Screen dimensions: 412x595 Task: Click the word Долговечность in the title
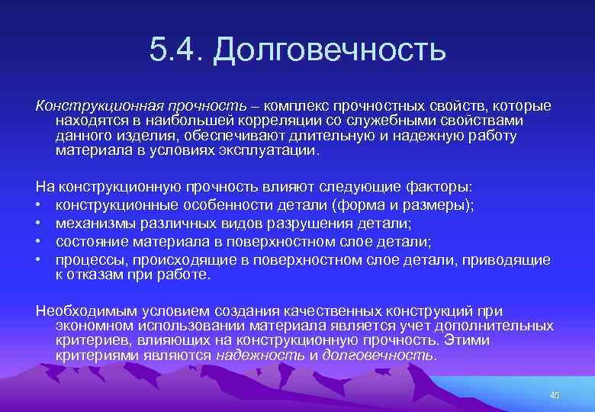[329, 51]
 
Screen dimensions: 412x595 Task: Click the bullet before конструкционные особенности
[40, 205]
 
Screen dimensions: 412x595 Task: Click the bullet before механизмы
[40, 224]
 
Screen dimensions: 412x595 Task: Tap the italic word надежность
[259, 355]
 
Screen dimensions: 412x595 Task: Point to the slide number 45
[554, 394]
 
